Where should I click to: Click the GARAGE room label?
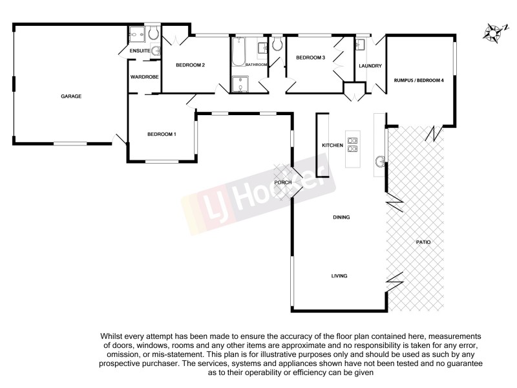tap(71, 96)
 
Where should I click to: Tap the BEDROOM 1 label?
tap(162, 134)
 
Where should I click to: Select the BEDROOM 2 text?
tap(191, 65)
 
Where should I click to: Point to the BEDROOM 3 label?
tap(310, 58)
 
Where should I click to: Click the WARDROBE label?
tap(144, 77)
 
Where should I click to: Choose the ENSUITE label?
tap(140, 50)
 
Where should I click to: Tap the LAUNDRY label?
tap(370, 66)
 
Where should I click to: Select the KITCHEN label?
tap(332, 145)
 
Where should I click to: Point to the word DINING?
tap(341, 217)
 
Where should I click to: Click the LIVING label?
tap(339, 276)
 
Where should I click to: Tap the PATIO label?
tap(423, 242)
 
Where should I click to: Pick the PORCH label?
tap(283, 182)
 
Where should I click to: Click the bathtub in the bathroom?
tap(238, 52)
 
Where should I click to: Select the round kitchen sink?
tap(380, 160)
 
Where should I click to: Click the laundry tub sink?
tap(361, 45)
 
